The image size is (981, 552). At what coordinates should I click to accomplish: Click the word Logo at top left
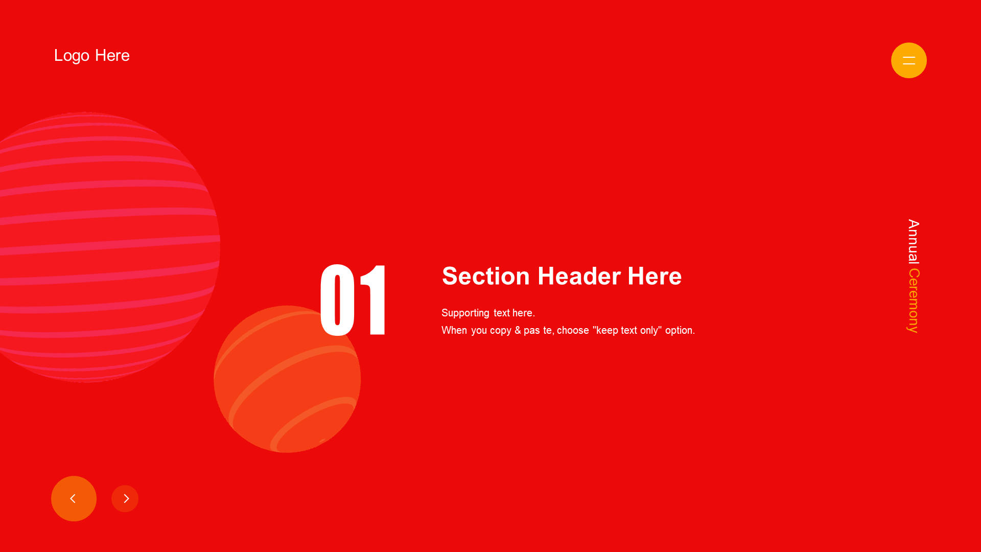point(72,56)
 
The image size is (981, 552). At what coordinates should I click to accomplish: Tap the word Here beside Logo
point(112,55)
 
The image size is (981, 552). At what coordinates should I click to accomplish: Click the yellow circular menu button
point(908,60)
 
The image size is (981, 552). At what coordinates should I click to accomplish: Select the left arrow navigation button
point(74,498)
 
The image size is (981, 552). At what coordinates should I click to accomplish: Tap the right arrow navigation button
point(125,498)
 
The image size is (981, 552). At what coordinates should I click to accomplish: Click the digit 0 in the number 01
point(337,300)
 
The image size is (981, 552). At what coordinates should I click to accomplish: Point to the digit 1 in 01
point(374,300)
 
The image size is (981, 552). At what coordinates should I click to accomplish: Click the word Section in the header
point(486,276)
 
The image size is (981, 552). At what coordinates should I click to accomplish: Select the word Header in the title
point(579,276)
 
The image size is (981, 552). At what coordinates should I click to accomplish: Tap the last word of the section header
point(655,276)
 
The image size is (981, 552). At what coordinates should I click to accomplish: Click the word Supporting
point(465,313)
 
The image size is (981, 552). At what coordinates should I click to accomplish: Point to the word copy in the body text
point(501,331)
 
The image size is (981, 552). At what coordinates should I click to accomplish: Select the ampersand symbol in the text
point(518,330)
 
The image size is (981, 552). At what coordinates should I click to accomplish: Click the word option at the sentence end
point(680,331)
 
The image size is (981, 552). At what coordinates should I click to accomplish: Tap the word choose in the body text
point(573,330)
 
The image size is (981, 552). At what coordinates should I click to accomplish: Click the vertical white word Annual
point(914,242)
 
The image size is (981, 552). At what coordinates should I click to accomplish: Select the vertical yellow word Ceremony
point(914,301)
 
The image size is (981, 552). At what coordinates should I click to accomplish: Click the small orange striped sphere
point(287,379)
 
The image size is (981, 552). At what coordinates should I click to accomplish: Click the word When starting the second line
point(454,331)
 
